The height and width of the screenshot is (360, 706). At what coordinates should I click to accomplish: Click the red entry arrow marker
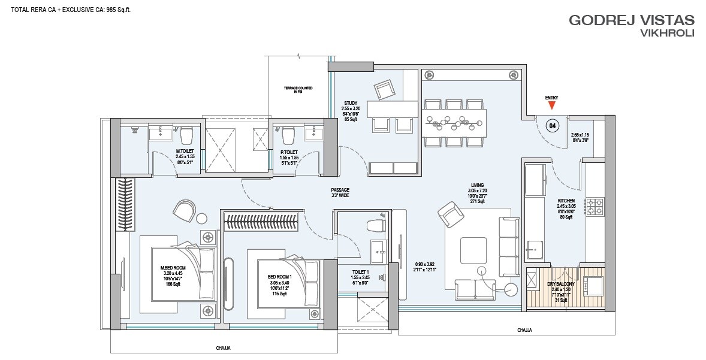(x=551, y=106)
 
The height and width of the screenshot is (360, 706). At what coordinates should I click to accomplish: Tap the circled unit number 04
(x=553, y=126)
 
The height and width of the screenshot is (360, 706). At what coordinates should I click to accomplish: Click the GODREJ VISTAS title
(x=630, y=20)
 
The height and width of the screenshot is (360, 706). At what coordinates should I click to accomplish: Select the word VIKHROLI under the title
(x=667, y=34)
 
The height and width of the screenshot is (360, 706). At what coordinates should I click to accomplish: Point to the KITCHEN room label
(x=566, y=201)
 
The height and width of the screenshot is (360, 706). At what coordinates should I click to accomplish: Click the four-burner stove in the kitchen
(x=594, y=207)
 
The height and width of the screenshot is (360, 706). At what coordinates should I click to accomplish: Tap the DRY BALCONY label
(x=560, y=284)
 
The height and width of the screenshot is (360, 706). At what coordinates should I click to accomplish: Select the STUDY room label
(x=351, y=103)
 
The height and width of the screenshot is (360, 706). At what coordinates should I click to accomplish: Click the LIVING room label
(x=477, y=186)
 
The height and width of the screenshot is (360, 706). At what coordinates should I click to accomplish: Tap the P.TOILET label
(x=289, y=152)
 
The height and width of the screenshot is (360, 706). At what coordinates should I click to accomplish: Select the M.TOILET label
(x=185, y=151)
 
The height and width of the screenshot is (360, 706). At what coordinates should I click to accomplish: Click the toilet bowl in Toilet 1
(x=374, y=225)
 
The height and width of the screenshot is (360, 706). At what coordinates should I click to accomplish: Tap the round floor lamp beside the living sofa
(x=511, y=291)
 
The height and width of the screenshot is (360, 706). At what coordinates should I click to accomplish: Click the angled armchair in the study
(x=384, y=90)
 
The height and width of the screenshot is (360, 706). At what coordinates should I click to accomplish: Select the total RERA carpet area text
(x=67, y=10)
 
